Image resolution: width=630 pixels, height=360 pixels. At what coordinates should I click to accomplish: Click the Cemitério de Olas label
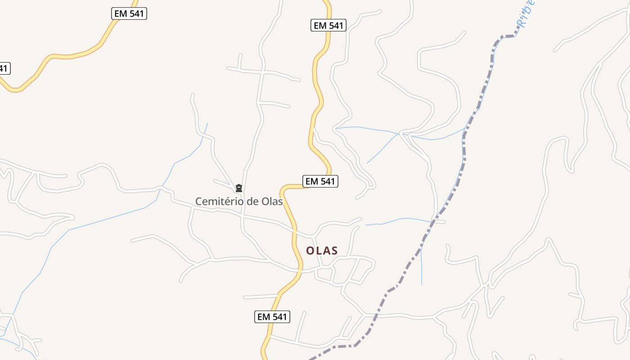(238, 201)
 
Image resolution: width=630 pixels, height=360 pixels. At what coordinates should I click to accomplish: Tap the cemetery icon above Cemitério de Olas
(239, 188)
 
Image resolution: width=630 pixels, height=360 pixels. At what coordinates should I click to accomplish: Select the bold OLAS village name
(322, 251)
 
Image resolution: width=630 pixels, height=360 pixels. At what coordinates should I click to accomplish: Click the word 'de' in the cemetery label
(249, 201)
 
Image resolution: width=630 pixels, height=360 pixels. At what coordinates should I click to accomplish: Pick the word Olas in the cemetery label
(272, 201)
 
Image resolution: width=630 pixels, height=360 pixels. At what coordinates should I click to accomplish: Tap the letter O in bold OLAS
(310, 251)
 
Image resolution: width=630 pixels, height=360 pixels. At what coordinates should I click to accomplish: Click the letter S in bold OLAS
(334, 251)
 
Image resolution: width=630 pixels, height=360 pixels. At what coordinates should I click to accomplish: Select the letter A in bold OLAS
(327, 251)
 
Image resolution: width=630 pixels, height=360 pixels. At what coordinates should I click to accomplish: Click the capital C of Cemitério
(198, 201)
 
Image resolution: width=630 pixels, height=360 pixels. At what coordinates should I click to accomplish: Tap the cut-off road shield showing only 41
(4, 68)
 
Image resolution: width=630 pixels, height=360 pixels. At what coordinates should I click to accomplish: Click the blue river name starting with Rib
(525, 13)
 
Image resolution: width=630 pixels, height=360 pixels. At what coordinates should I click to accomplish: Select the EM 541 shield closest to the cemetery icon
(320, 181)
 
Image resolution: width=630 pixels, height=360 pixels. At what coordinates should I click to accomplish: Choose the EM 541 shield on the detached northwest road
(129, 13)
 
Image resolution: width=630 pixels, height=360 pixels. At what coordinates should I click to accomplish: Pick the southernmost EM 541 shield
(272, 317)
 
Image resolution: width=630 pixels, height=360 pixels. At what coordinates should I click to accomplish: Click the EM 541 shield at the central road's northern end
(328, 25)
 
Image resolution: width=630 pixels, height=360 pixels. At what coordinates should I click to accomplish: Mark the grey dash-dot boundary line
(463, 148)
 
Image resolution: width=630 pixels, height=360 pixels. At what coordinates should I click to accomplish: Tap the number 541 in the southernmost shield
(279, 317)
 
